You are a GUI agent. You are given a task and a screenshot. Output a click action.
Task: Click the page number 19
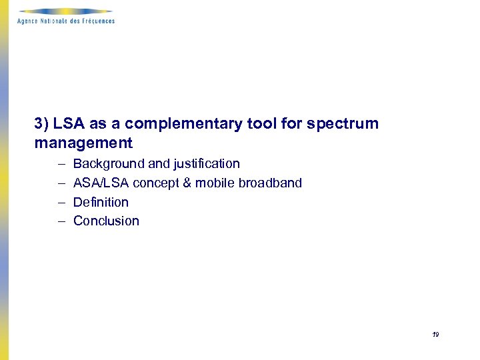pos(435,335)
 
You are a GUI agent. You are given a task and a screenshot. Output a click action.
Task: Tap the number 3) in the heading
pos(42,123)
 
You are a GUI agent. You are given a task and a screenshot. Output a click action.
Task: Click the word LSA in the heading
pos(69,123)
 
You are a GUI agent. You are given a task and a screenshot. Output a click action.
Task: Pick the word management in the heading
pos(83,143)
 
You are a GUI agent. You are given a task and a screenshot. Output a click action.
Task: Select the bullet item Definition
pos(101,202)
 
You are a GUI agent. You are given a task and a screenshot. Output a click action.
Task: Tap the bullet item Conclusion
pos(106,221)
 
